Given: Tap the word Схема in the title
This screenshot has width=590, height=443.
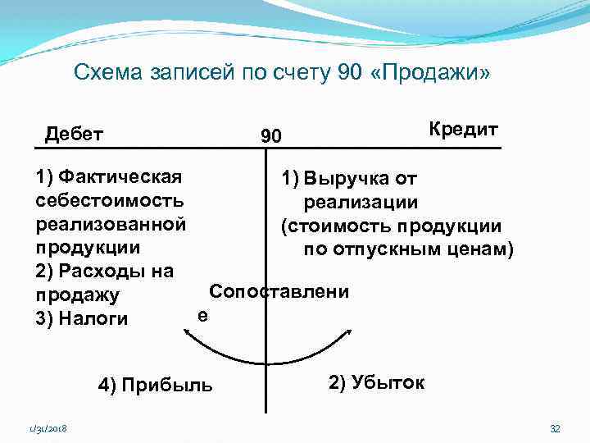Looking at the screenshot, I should click(x=103, y=74).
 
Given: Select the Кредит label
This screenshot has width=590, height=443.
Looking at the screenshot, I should click(x=463, y=130).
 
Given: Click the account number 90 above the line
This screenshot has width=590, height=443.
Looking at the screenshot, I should click(x=270, y=136).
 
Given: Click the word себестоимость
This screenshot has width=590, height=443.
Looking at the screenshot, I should click(x=110, y=199).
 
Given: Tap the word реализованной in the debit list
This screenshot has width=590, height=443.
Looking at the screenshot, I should click(x=111, y=223).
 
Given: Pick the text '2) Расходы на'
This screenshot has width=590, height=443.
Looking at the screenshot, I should click(x=104, y=271).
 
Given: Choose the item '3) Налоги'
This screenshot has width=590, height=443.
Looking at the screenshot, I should click(x=82, y=318).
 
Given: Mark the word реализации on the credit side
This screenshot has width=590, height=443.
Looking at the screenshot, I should click(x=361, y=202).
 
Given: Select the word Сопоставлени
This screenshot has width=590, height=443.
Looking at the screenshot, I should click(x=279, y=292).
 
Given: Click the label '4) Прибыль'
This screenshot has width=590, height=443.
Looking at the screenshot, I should click(x=155, y=384).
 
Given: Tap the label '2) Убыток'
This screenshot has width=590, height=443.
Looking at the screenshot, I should click(x=376, y=381).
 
